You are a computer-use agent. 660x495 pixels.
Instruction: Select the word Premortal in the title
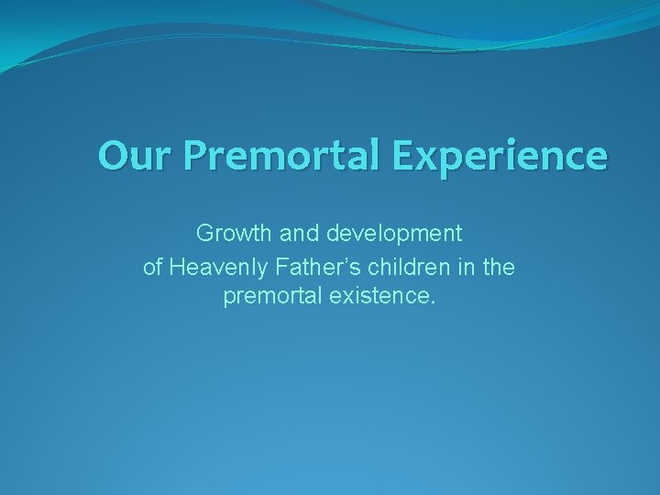pyautogui.click(x=285, y=156)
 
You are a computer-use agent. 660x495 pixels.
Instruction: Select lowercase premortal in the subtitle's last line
pyautogui.click(x=269, y=298)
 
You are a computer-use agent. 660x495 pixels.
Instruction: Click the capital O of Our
pyautogui.click(x=113, y=155)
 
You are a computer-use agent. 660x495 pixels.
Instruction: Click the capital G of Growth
pyautogui.click(x=205, y=234)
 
